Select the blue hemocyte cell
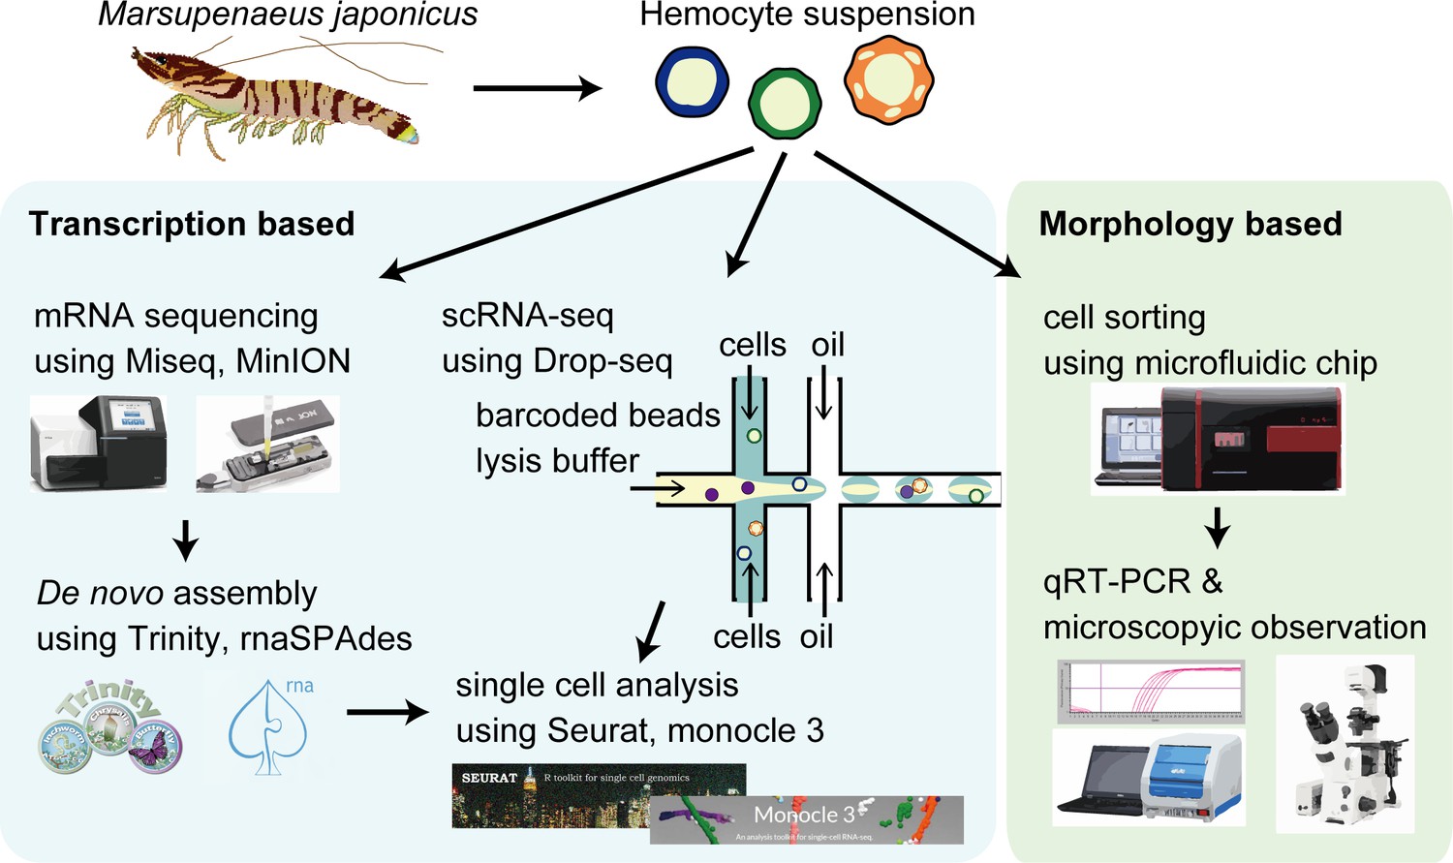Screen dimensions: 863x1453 coord(692,82)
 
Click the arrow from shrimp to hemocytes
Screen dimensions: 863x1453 coord(537,88)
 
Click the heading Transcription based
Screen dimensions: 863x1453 coord(192,224)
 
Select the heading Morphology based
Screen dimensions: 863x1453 coord(1190,224)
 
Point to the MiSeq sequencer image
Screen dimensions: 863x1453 coord(99,443)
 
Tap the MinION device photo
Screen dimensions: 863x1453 coord(268,445)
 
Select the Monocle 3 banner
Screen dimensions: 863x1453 coord(806,819)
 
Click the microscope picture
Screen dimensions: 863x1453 coord(1345,744)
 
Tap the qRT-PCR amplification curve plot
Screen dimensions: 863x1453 coord(1150,692)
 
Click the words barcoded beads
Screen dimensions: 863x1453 coord(598,415)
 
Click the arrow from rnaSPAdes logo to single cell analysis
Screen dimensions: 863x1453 coord(387,713)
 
